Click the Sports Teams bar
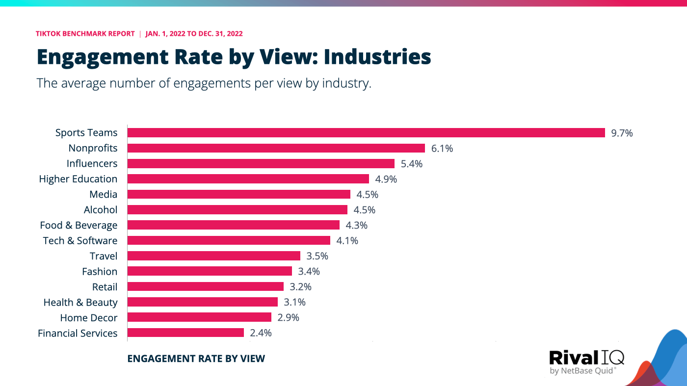pyautogui.click(x=366, y=133)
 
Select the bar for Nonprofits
pyautogui.click(x=276, y=148)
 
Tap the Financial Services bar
pyautogui.click(x=185, y=333)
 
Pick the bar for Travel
pyautogui.click(x=213, y=256)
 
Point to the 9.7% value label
pyautogui.click(x=622, y=133)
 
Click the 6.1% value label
pyautogui.click(x=442, y=148)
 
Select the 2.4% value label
pyautogui.click(x=261, y=333)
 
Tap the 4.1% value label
pyautogui.click(x=347, y=241)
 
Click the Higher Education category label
pyautogui.click(x=78, y=179)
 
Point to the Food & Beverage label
pyautogui.click(x=79, y=225)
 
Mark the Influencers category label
pyautogui.click(x=92, y=163)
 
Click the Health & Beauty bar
pyautogui.click(x=202, y=302)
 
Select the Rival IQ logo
pyautogui.click(x=586, y=361)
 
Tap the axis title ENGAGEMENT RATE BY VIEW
pyautogui.click(x=196, y=359)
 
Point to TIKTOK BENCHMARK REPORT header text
pyautogui.click(x=85, y=34)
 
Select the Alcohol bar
pyautogui.click(x=237, y=210)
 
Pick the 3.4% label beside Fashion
pyautogui.click(x=309, y=271)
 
